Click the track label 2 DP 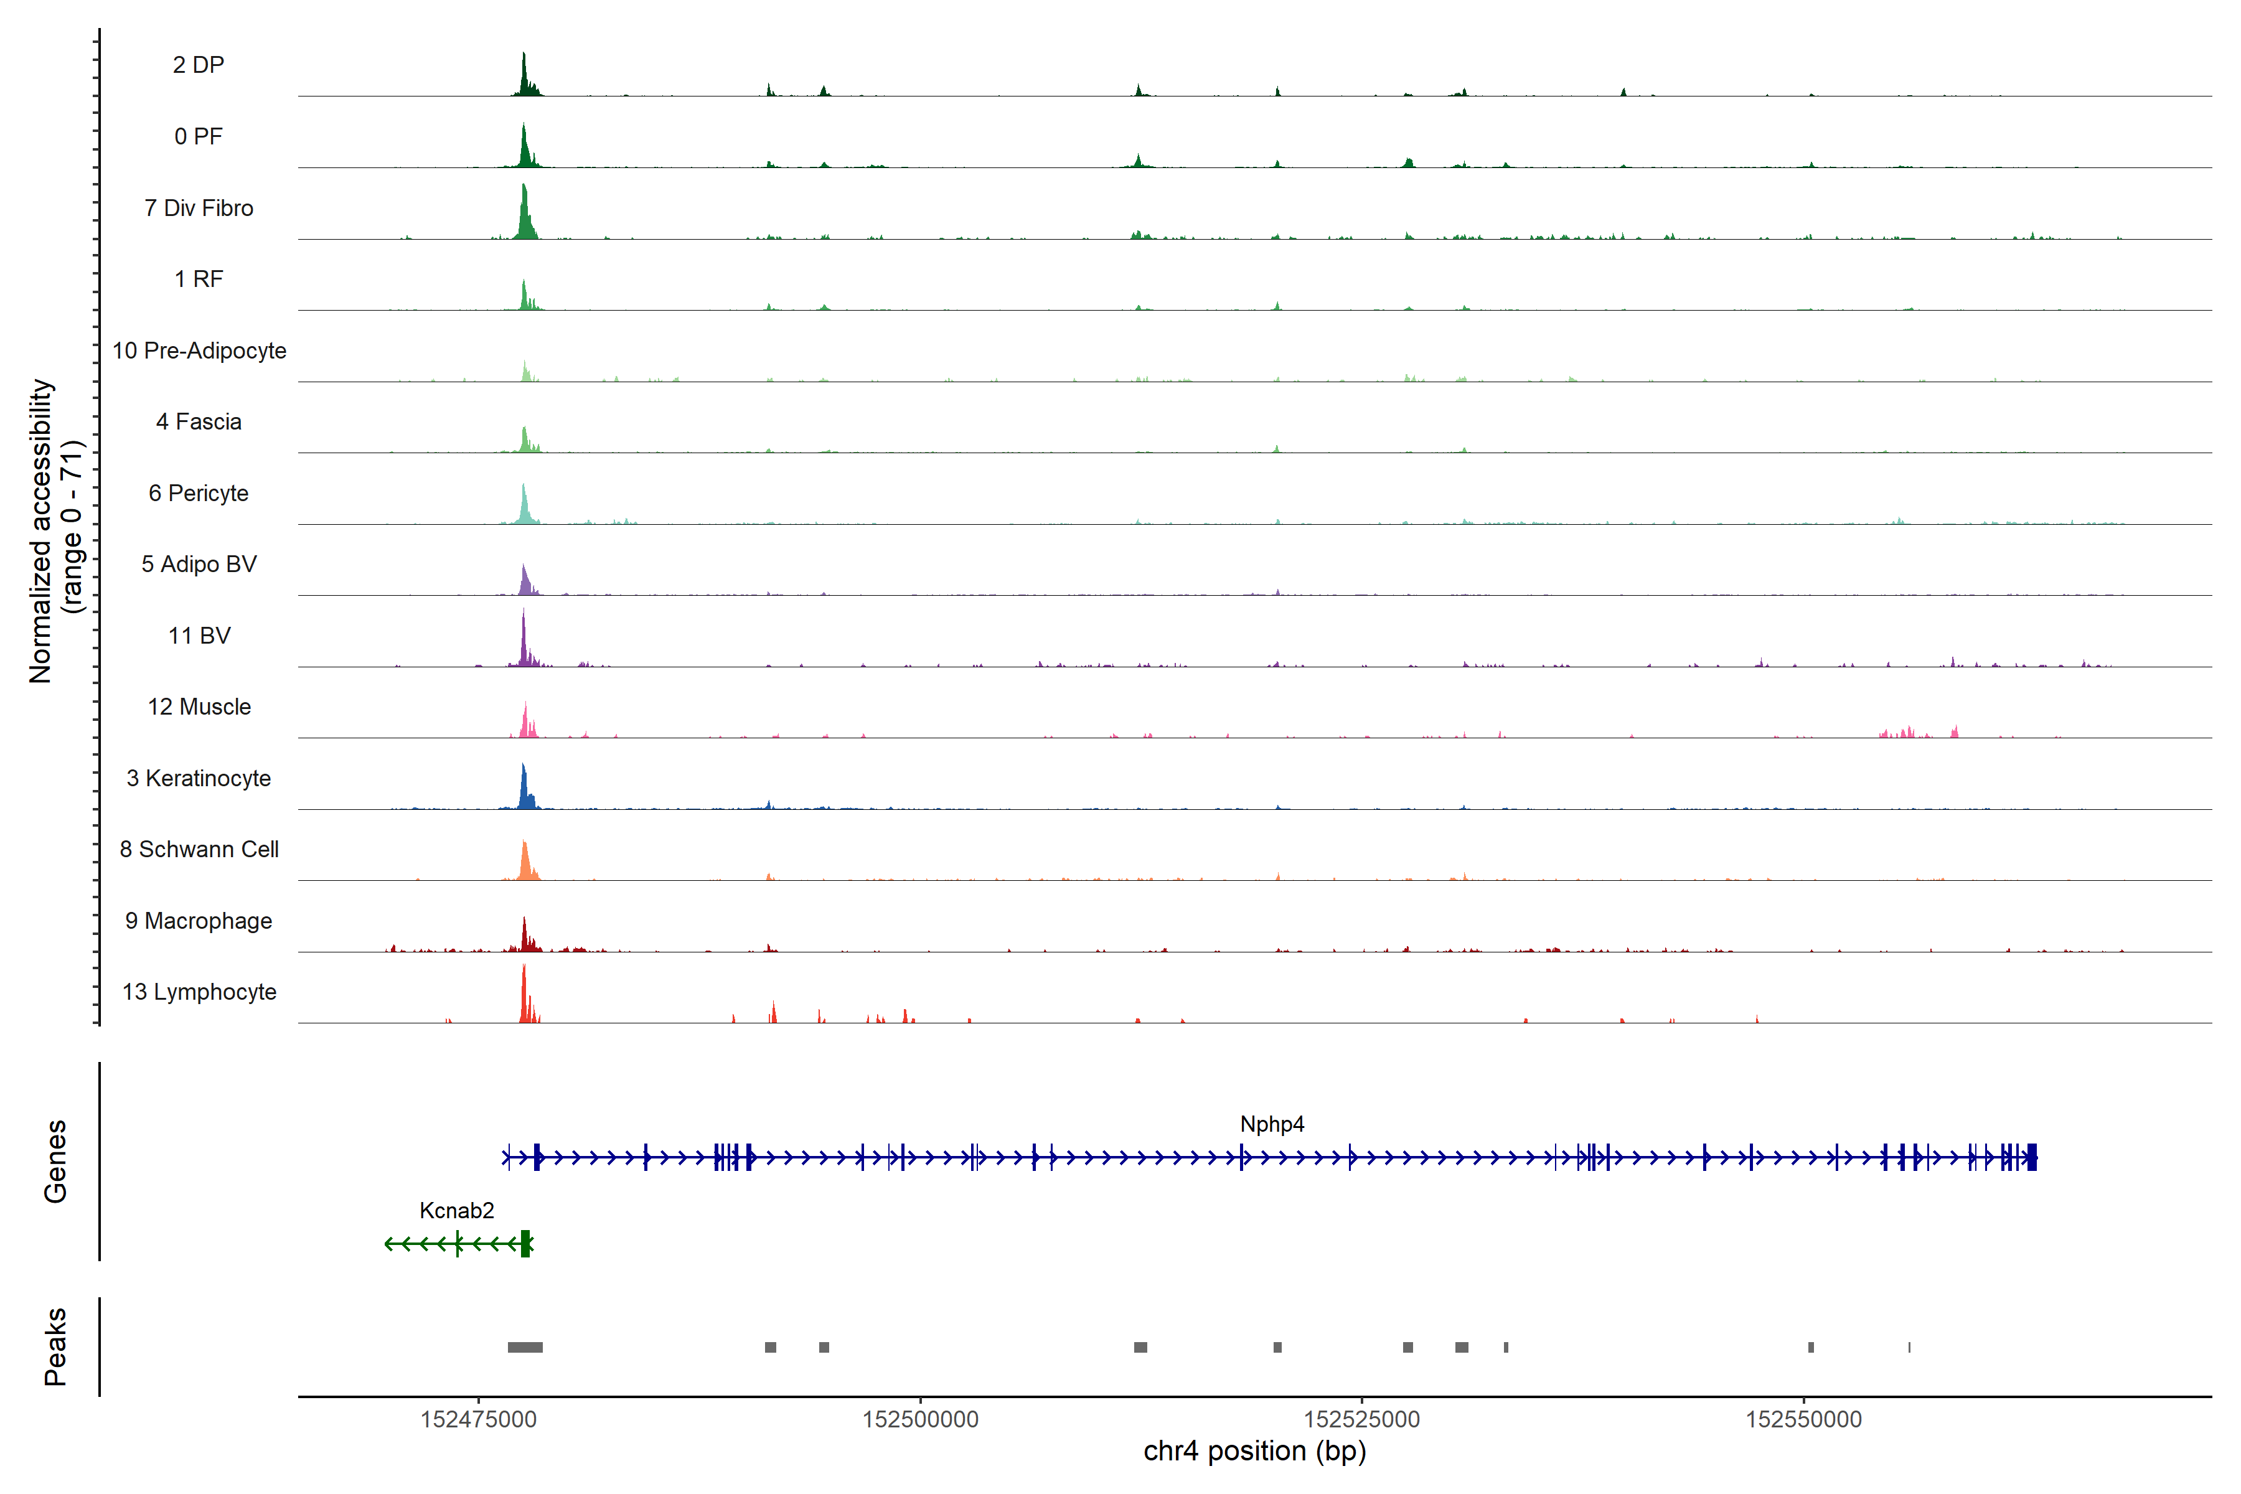point(198,65)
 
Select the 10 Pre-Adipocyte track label point(199,350)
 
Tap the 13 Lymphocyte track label point(199,992)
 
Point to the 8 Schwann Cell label point(199,849)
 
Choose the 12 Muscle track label point(199,707)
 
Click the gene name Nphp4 point(1272,1124)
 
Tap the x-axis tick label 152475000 point(478,1420)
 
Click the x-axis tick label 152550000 point(1803,1420)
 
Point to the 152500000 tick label point(921,1420)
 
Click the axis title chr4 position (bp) point(1255,1451)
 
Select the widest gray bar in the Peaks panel point(525,1347)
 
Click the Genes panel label point(55,1162)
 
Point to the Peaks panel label point(55,1346)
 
